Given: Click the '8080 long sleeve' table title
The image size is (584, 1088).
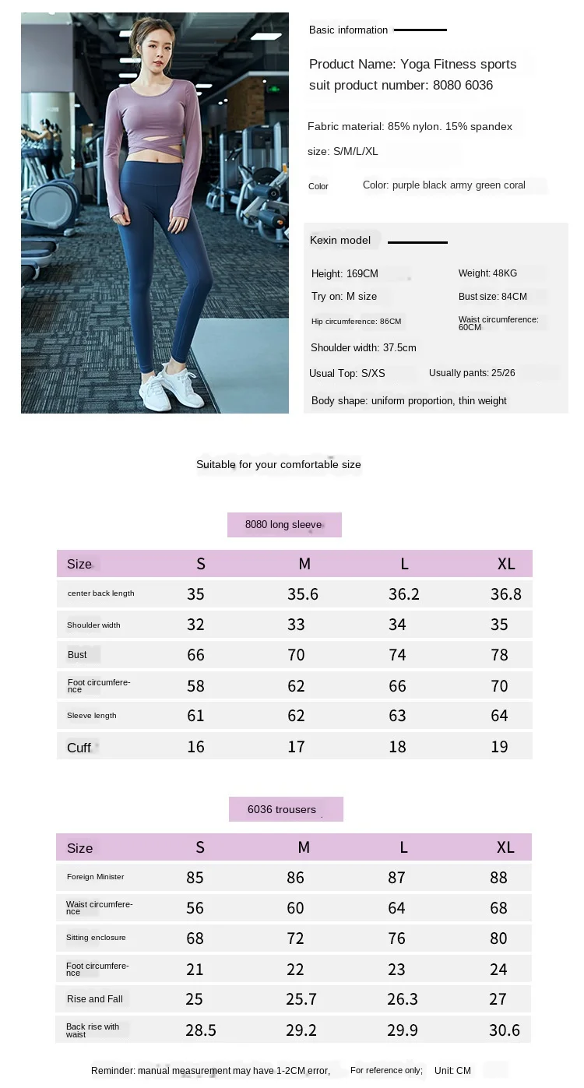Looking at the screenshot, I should [x=283, y=525].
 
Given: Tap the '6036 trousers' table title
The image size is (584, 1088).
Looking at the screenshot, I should [x=282, y=809].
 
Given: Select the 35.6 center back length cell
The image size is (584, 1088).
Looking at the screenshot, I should [x=303, y=594].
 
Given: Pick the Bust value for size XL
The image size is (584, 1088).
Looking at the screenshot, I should [x=499, y=655].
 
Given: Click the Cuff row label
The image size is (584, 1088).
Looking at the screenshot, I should [x=79, y=748].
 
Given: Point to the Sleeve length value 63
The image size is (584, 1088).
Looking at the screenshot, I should [x=397, y=716].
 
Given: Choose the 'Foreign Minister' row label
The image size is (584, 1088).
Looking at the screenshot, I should [x=95, y=877].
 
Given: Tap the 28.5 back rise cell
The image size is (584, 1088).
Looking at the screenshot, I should [x=201, y=1030].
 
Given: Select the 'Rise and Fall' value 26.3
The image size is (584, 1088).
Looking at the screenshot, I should [x=403, y=999].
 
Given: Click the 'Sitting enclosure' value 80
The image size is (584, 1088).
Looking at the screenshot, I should [x=498, y=938].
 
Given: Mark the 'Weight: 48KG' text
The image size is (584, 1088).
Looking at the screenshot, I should [x=487, y=273].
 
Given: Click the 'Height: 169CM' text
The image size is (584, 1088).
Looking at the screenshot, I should [x=344, y=274].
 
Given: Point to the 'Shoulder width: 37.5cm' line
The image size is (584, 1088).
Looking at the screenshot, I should [x=363, y=348].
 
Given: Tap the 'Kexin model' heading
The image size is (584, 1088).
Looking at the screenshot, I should [x=340, y=241].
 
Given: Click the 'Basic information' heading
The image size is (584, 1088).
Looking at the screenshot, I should [x=348, y=30].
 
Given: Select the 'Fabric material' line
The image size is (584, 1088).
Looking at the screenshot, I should [x=410, y=126].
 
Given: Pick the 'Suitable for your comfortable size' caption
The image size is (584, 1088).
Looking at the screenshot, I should [x=279, y=465].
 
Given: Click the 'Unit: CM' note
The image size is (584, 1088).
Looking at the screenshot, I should [x=452, y=1071].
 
